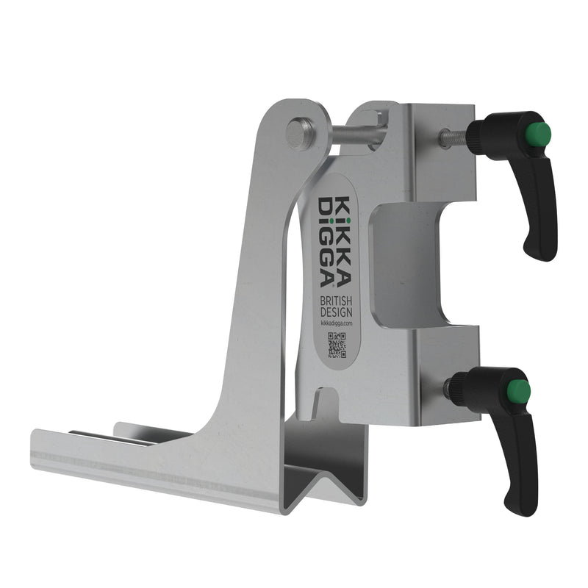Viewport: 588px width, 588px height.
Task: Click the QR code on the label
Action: [337, 345]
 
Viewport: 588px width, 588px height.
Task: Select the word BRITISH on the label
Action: [336, 301]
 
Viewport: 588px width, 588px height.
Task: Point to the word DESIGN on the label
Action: [336, 312]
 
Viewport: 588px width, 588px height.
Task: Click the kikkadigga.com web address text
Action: [337, 323]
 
